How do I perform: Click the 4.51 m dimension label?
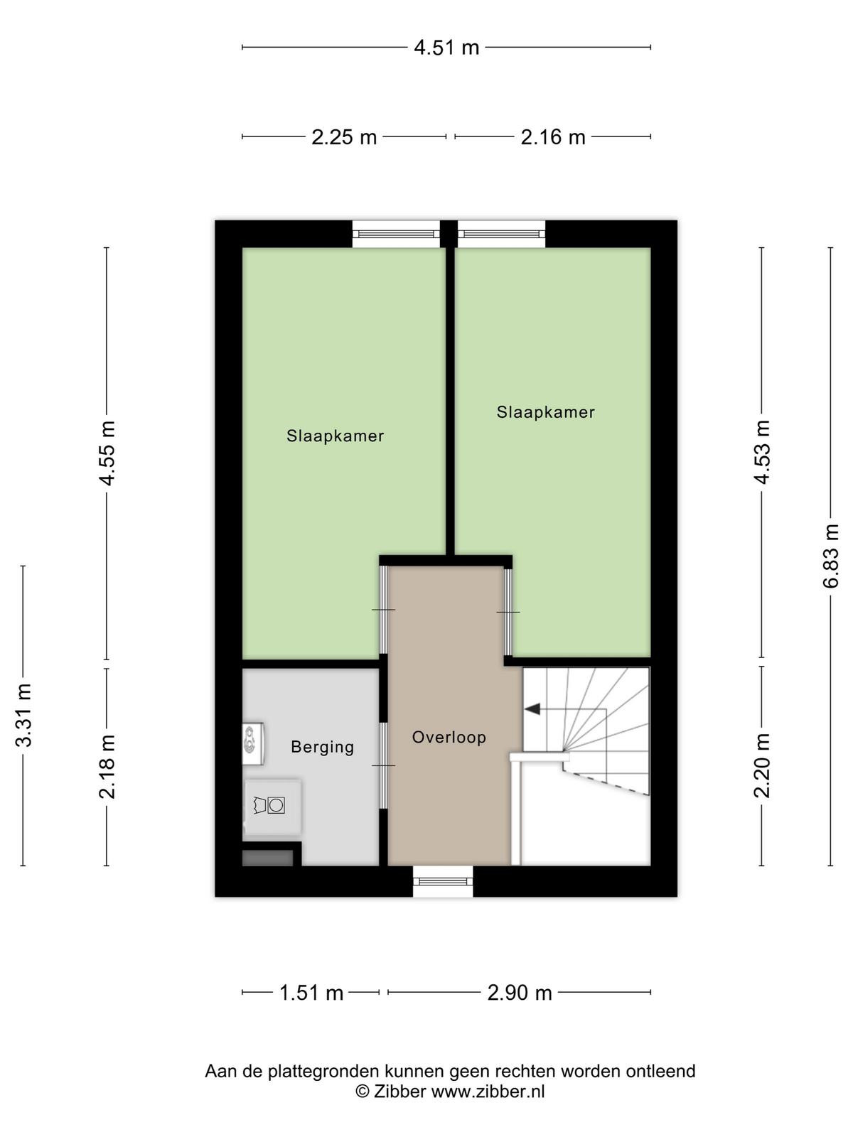tap(446, 48)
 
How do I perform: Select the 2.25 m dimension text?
tap(344, 137)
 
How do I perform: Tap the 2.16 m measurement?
tap(553, 137)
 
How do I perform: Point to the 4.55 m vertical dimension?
tap(107, 453)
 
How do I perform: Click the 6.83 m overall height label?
tap(830, 556)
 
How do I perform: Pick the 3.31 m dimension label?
tap(23, 715)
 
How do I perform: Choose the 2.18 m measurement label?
tap(107, 767)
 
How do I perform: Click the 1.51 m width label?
tap(311, 993)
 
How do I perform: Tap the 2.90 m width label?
tap(520, 993)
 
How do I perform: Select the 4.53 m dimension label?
tap(761, 452)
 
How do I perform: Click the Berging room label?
tap(322, 748)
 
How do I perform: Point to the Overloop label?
tap(449, 737)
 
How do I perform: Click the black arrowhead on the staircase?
tap(532, 708)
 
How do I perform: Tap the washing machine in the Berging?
tap(272, 806)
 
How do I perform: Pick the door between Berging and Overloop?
tap(384, 765)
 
